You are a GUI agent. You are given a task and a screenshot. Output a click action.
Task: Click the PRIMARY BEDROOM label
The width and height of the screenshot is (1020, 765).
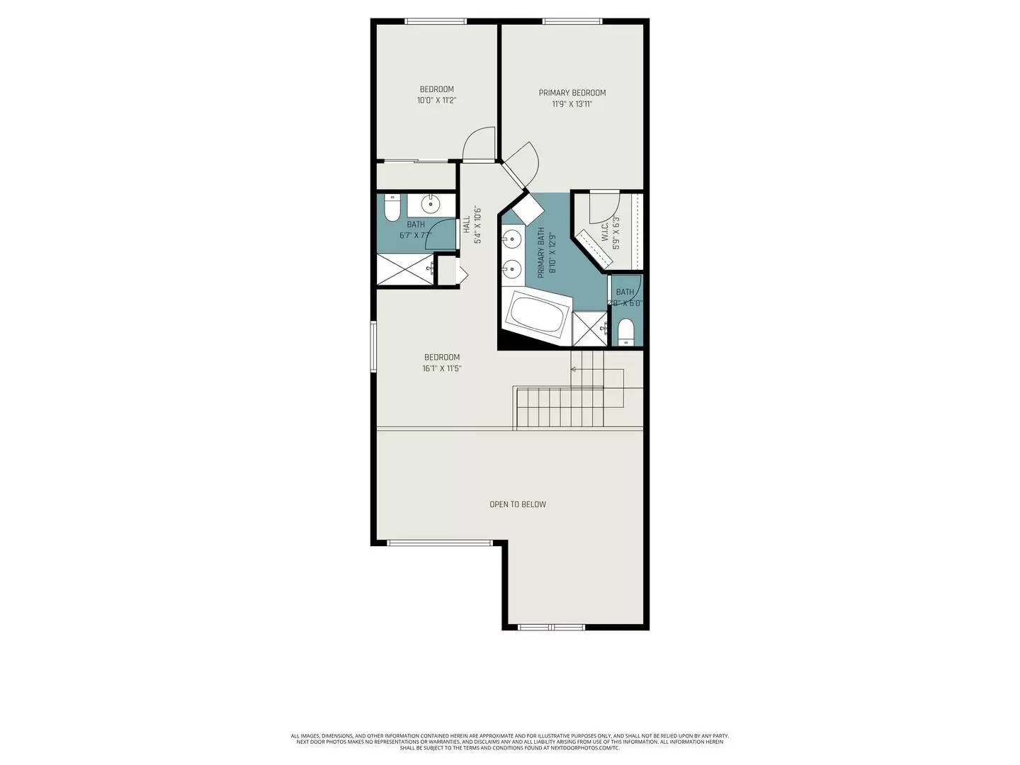coord(572,93)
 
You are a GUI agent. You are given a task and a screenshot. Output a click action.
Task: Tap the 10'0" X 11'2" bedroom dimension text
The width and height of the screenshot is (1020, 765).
coord(436,101)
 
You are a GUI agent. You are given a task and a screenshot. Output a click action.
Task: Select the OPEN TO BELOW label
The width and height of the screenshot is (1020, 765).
coord(518,504)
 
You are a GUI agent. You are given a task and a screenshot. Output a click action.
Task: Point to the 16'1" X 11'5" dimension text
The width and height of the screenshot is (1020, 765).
coord(442,368)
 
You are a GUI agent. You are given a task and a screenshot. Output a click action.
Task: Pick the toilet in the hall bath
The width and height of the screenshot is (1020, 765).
coord(390,208)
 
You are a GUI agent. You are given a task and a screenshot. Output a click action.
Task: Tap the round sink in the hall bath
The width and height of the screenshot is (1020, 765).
coord(431,205)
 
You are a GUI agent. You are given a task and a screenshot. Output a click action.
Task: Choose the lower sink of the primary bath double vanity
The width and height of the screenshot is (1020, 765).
coord(511,268)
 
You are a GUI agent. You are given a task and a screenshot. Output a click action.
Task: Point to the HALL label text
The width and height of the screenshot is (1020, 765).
coord(466,225)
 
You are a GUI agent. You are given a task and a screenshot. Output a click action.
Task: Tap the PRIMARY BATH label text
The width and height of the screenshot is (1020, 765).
coord(541,251)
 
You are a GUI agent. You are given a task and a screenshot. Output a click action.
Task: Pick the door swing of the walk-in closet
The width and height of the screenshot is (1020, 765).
coord(604,205)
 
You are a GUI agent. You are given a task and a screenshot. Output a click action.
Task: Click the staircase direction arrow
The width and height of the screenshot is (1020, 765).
coord(573,369)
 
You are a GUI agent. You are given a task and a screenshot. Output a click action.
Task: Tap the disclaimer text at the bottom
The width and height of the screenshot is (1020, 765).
coord(510,742)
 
